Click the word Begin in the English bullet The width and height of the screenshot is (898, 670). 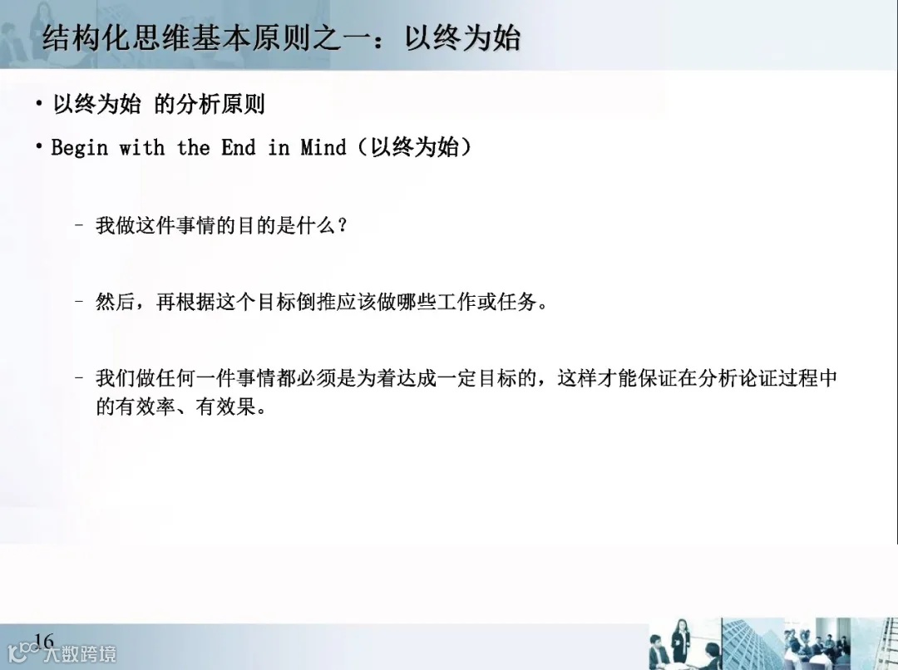(80, 148)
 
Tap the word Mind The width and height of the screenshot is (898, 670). (323, 148)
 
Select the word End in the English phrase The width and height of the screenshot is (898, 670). (238, 148)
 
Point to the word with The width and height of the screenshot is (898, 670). (141, 148)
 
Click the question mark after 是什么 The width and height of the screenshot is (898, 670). (339, 225)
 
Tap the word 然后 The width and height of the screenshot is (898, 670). (116, 302)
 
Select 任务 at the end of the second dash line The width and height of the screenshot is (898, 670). (517, 302)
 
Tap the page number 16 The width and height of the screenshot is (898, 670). (44, 641)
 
